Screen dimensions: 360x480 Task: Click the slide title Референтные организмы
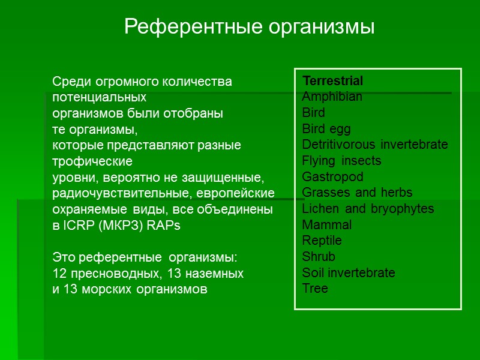pyautogui.click(x=249, y=26)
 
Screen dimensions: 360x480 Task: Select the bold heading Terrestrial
pyautogui.click(x=332, y=81)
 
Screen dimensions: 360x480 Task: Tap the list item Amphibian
pyautogui.click(x=332, y=97)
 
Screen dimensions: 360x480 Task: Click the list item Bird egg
pyautogui.click(x=326, y=129)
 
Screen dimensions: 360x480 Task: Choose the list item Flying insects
pyautogui.click(x=341, y=161)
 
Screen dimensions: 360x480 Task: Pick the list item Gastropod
pyautogui.click(x=332, y=177)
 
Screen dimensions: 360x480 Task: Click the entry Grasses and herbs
pyautogui.click(x=357, y=193)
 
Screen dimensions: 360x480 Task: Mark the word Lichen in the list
pyautogui.click(x=321, y=209)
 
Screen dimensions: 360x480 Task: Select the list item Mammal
pyautogui.click(x=327, y=225)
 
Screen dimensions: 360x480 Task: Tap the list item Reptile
pyautogui.click(x=322, y=241)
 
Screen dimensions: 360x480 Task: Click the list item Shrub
pyautogui.click(x=319, y=257)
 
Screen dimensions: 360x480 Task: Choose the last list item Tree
pyautogui.click(x=315, y=289)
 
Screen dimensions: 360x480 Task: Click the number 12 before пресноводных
pyautogui.click(x=59, y=274)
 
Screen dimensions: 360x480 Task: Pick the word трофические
pyautogui.click(x=92, y=161)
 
